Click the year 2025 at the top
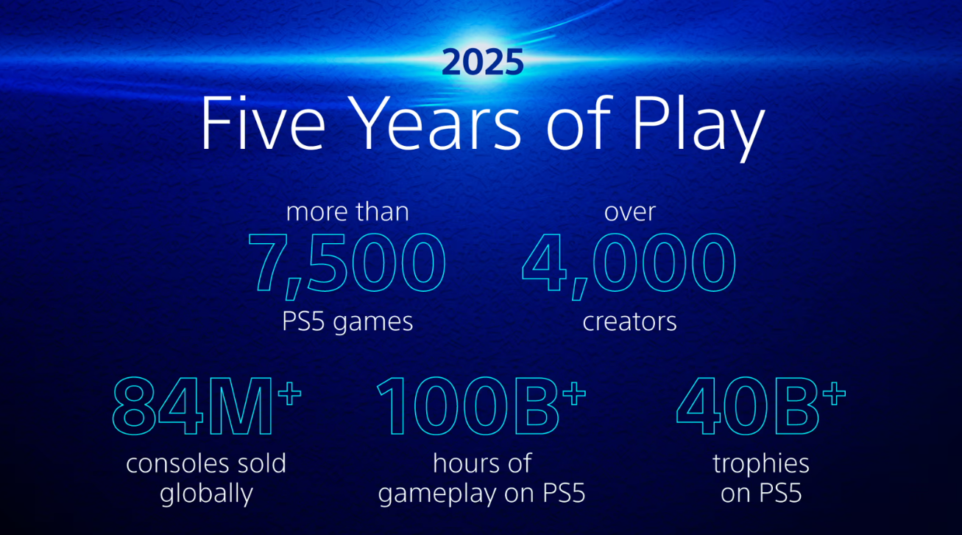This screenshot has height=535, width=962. click(482, 63)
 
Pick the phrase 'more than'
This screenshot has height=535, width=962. click(347, 212)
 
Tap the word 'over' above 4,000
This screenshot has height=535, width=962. click(629, 212)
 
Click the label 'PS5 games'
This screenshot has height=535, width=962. click(347, 322)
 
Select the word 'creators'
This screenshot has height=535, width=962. click(629, 322)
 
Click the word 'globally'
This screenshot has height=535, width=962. click(206, 494)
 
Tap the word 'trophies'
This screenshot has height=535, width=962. click(761, 464)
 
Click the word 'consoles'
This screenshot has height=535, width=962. click(169, 464)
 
